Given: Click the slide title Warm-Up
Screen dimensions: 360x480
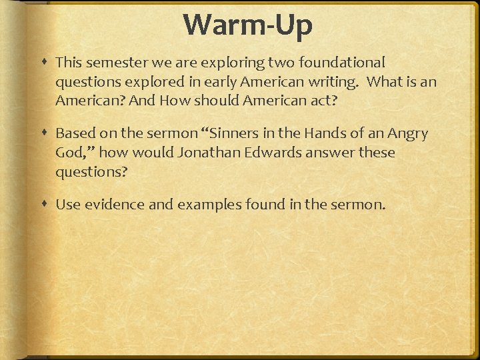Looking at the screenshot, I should (248, 25).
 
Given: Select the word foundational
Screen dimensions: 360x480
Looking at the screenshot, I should (345, 63).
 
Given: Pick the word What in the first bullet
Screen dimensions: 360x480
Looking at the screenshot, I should (385, 82).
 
